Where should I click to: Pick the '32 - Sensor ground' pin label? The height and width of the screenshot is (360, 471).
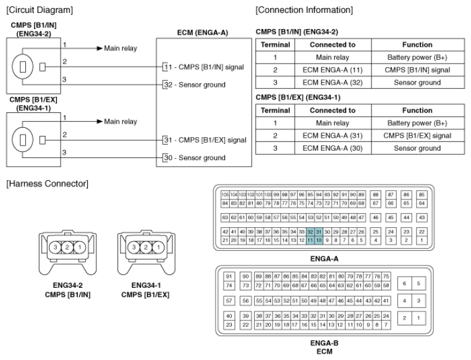[x=193, y=84]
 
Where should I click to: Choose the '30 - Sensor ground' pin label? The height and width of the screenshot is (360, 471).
[x=193, y=157]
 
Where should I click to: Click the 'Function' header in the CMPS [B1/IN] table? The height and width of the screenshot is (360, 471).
[x=417, y=45]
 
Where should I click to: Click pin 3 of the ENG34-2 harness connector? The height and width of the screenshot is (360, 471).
[x=55, y=247]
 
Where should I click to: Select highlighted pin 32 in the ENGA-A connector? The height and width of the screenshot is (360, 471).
[x=311, y=231]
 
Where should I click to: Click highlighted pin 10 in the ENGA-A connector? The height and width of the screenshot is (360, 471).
[x=320, y=240]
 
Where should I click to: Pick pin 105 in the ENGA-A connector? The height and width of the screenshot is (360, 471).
[x=225, y=194]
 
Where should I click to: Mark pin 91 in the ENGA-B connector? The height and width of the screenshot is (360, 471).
[x=229, y=276]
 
